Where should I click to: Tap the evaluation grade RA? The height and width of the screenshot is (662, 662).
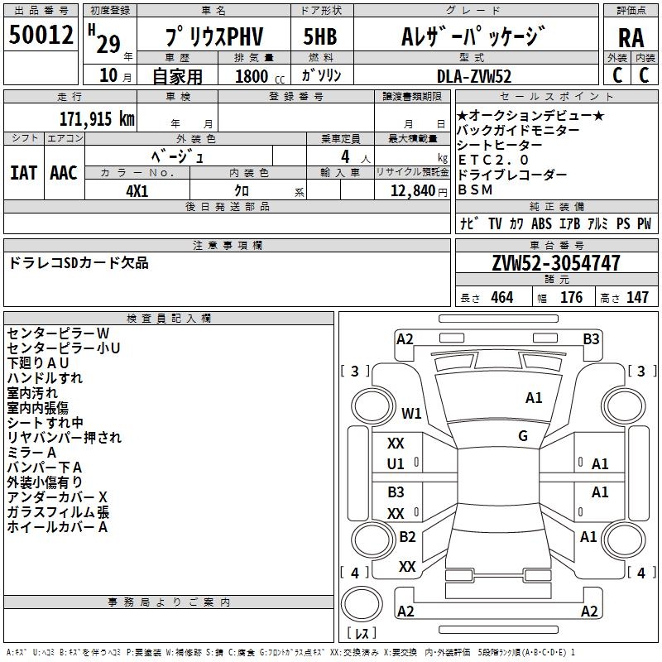(x=631, y=37)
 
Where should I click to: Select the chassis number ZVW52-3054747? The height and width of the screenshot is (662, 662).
(x=556, y=264)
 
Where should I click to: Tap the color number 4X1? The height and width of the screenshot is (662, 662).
(x=137, y=189)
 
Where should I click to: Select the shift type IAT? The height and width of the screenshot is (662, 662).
(x=23, y=173)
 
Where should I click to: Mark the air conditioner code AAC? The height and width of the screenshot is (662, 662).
(x=64, y=173)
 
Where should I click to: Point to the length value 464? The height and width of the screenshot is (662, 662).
(x=501, y=298)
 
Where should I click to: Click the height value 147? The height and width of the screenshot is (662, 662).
(x=637, y=298)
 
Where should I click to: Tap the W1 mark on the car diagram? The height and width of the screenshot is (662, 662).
(x=411, y=413)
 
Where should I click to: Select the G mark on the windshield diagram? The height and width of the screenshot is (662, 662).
(x=523, y=436)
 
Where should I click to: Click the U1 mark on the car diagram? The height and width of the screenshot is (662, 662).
(x=396, y=464)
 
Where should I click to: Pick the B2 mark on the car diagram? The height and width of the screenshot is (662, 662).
(x=407, y=537)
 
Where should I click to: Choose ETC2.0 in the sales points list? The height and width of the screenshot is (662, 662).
(x=492, y=160)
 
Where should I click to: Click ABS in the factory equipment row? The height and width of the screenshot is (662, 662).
(x=541, y=224)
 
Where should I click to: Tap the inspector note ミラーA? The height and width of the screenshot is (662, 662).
(x=31, y=453)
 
